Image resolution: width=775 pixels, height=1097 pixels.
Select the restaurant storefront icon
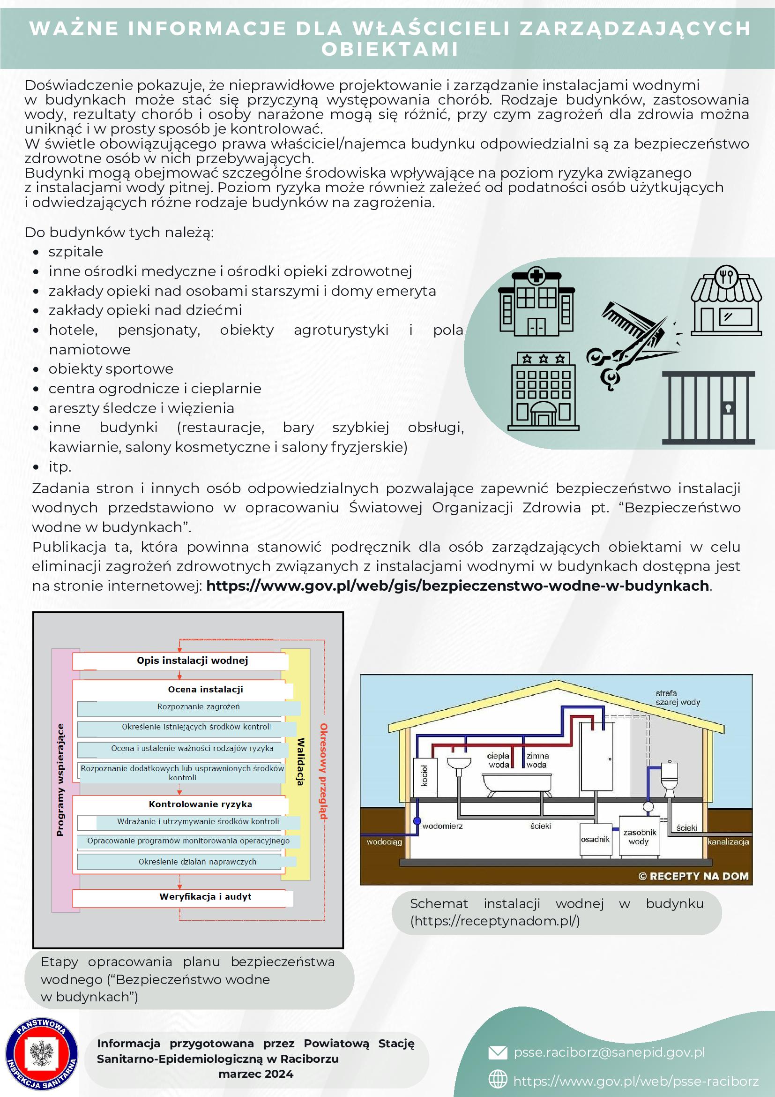pyautogui.click(x=726, y=302)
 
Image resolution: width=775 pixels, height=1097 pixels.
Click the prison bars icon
pyautogui.click(x=708, y=407)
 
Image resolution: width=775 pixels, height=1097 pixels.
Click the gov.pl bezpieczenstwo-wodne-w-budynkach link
pyautogui.click(x=457, y=586)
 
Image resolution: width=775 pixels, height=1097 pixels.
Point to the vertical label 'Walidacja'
pyautogui.click(x=300, y=762)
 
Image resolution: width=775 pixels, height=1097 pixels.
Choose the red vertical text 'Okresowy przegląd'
pyautogui.click(x=323, y=771)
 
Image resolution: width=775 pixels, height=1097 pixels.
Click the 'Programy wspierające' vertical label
pyautogui.click(x=60, y=780)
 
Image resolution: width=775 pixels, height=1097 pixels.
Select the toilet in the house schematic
pyautogui.click(x=669, y=777)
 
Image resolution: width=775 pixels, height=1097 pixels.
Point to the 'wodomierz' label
pyautogui.click(x=442, y=826)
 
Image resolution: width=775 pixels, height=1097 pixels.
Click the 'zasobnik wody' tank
pyautogui.click(x=639, y=836)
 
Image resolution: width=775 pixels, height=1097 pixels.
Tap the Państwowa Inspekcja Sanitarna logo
pyautogui.click(x=42, y=1053)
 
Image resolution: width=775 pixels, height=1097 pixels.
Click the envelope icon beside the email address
pyautogui.click(x=498, y=1052)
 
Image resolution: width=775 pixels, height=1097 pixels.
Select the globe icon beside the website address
pyautogui.click(x=498, y=1079)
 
